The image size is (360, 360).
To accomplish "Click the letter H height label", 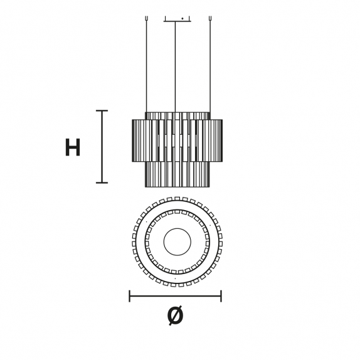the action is [73, 147].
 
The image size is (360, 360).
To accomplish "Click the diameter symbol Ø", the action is [176, 315].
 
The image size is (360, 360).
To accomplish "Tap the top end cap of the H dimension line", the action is [102, 110].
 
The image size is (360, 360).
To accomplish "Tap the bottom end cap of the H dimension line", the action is [102, 183].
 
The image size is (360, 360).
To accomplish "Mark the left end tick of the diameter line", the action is [130, 296].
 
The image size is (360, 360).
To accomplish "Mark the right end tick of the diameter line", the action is [221, 296].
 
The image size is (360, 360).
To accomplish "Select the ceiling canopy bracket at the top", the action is [177, 19].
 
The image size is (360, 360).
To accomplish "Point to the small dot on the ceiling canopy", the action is [183, 18].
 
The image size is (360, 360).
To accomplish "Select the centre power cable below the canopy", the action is [175, 67].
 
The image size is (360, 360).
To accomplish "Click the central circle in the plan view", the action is [177, 241].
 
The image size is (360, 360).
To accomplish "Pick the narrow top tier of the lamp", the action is [177, 115].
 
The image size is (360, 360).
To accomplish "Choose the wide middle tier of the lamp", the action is [177, 140].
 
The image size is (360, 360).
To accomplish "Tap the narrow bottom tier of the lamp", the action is [177, 174].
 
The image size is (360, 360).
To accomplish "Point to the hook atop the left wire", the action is [146, 18].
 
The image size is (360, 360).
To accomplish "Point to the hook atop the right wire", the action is [210, 18].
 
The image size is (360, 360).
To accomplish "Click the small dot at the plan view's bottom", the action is [176, 278].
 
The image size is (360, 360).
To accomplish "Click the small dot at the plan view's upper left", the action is [146, 222].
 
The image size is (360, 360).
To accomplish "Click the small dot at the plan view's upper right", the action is [209, 225].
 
